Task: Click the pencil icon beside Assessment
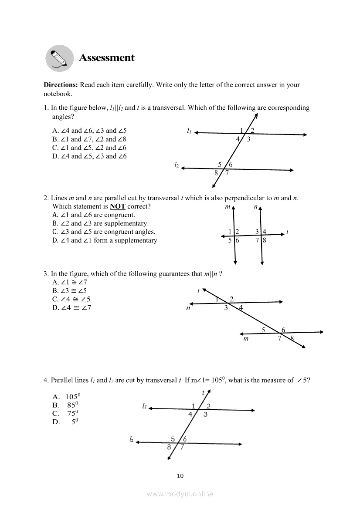(60, 58)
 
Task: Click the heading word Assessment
(107, 58)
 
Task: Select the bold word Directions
(61, 85)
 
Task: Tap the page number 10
(180, 475)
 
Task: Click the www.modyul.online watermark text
(180, 494)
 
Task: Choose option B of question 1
(89, 139)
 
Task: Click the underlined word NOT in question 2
(118, 206)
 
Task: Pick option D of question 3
(72, 308)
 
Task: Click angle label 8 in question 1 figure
(216, 173)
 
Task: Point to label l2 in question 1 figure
(176, 165)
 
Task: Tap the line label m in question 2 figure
(228, 207)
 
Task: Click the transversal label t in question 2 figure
(287, 232)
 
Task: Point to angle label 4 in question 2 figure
(265, 232)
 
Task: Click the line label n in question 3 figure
(188, 308)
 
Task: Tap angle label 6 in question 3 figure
(283, 330)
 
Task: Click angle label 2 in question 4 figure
(208, 406)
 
